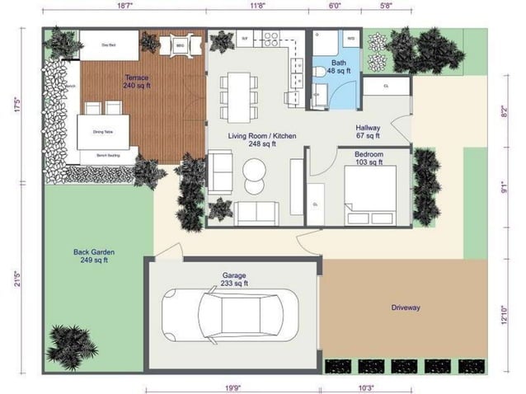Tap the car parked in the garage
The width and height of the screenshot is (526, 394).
pyautogui.click(x=223, y=316)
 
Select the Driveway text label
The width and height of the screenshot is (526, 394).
pyautogui.click(x=406, y=307)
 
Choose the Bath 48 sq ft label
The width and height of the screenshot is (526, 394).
pyautogui.click(x=339, y=67)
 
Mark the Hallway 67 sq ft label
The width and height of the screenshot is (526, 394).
pyautogui.click(x=368, y=132)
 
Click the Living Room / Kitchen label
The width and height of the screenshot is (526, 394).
pyautogui.click(x=261, y=139)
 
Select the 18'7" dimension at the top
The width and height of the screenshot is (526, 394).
pyautogui.click(x=124, y=5)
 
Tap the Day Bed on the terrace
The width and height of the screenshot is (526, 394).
pyautogui.click(x=107, y=46)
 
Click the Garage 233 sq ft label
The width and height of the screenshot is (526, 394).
pyautogui.click(x=234, y=279)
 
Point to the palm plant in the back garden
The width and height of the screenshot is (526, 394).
pyautogui.click(x=72, y=344)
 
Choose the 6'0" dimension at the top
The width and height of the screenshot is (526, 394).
pyautogui.click(x=334, y=5)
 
